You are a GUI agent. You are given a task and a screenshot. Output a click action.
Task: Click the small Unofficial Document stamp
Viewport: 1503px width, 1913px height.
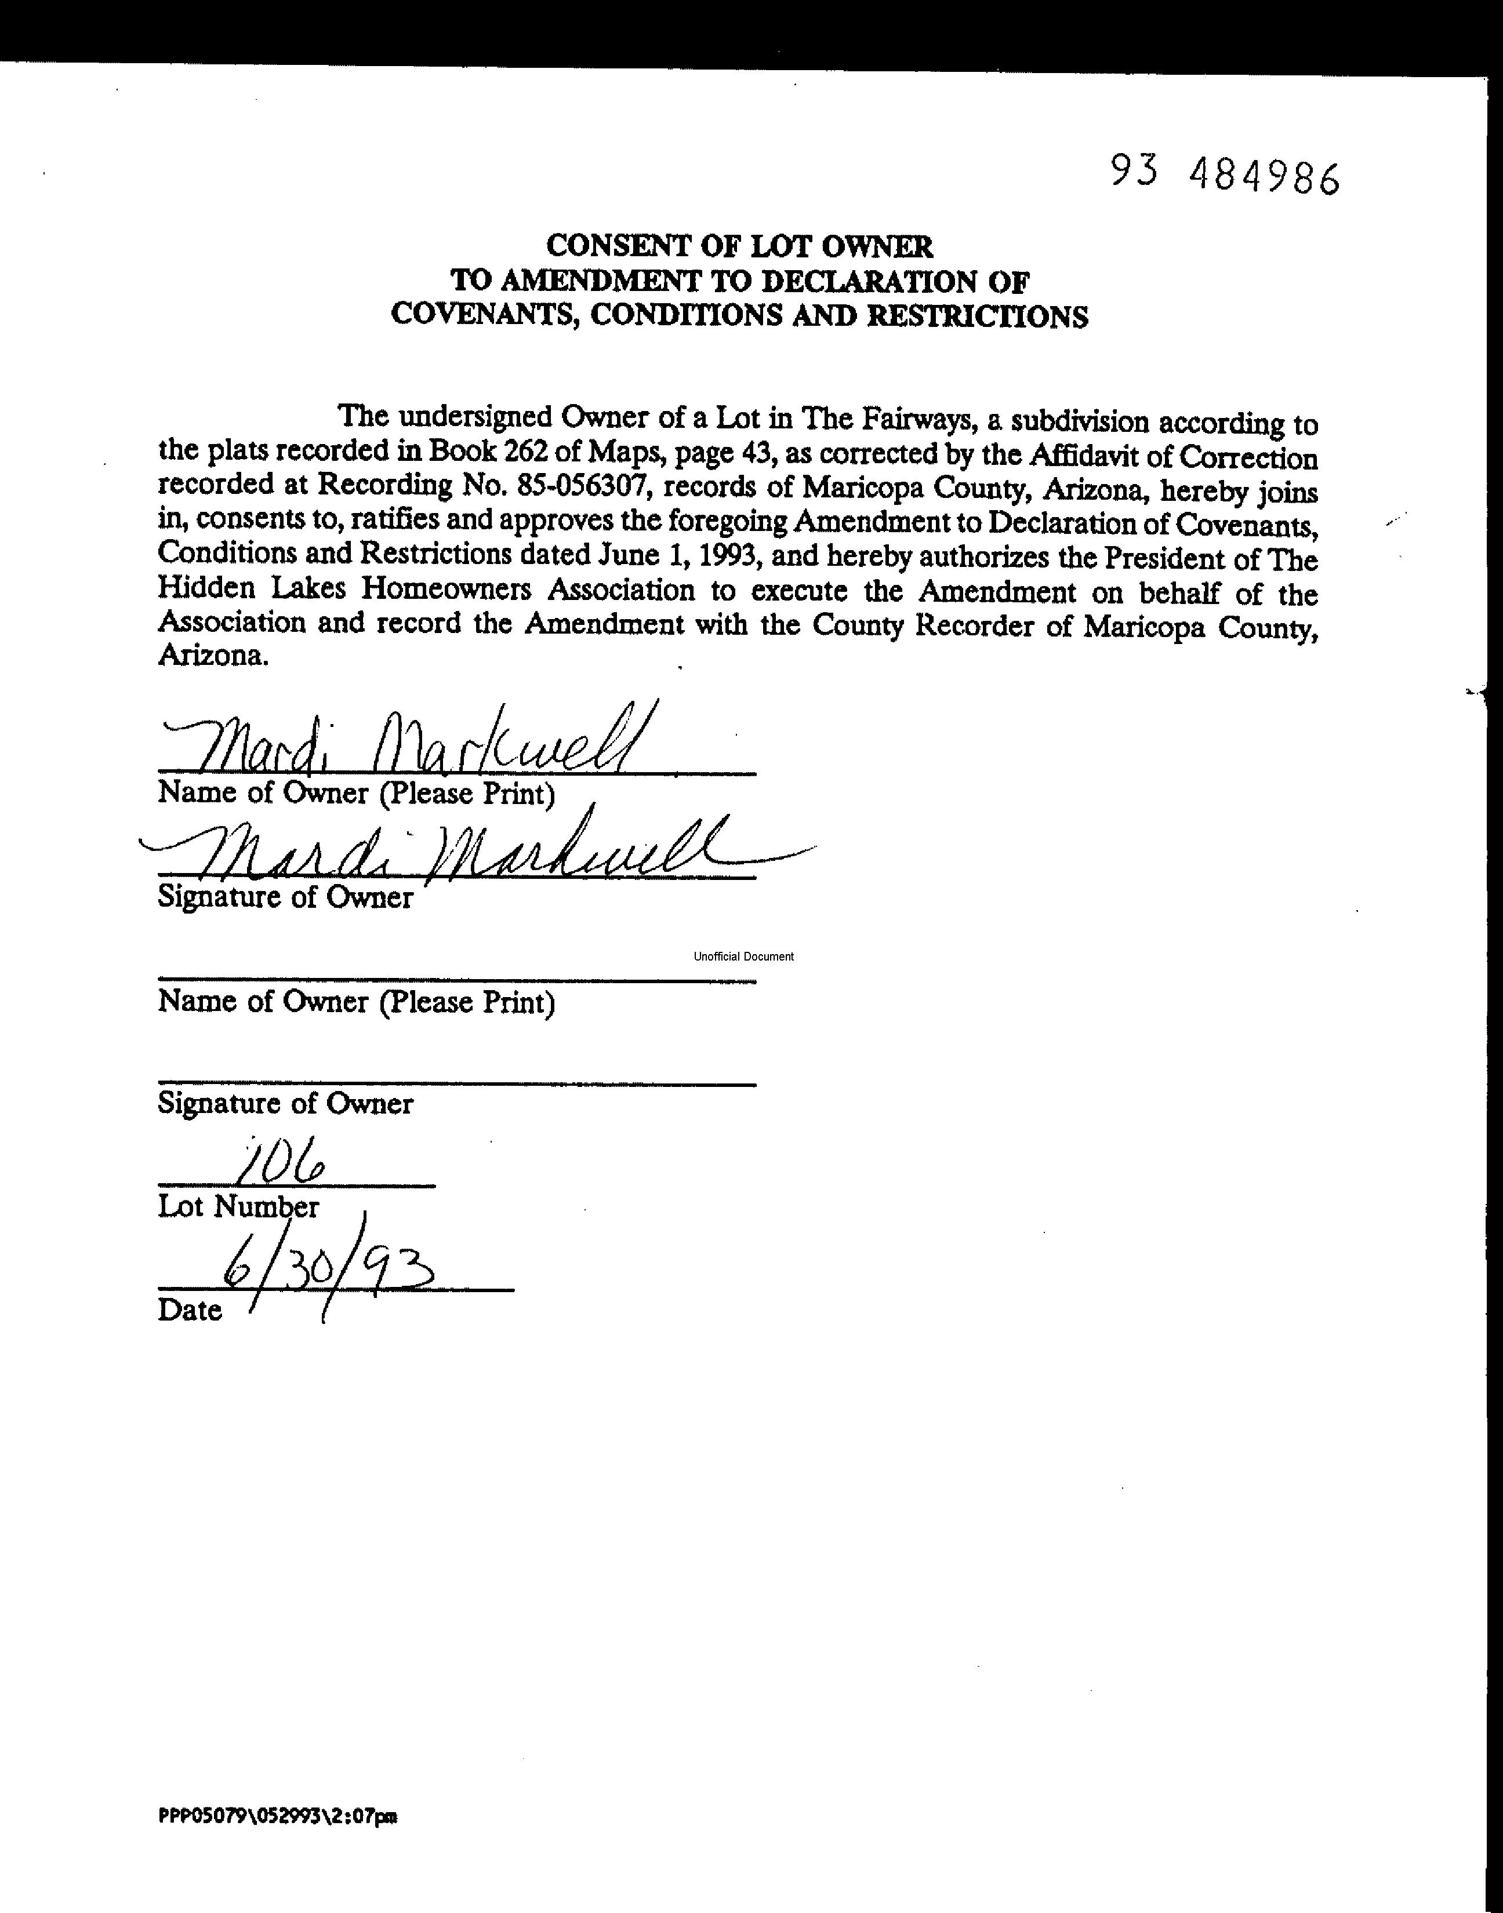[743, 956]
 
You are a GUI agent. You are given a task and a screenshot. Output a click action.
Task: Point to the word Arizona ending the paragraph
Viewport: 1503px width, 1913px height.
[211, 656]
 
